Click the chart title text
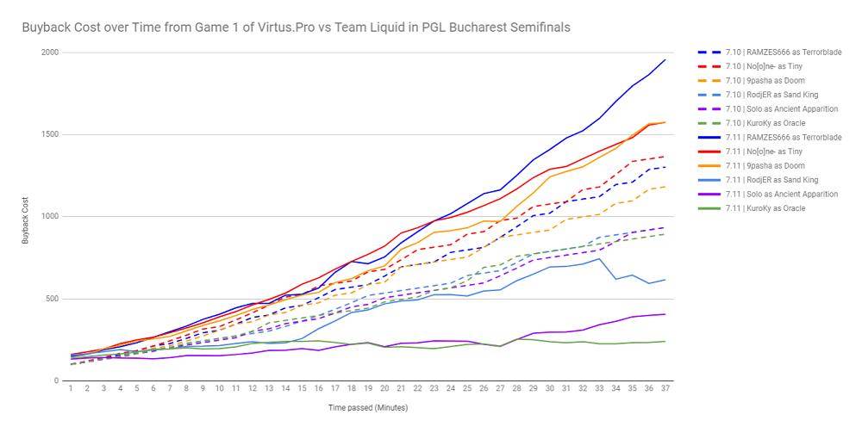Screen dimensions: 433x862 pos(296,28)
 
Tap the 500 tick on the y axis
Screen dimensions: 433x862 pos(51,299)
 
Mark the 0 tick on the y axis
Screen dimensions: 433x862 pos(56,380)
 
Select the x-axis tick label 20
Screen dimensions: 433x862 pos(384,389)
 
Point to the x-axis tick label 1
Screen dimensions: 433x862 pos(71,389)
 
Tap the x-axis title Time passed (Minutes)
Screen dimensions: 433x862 pos(368,406)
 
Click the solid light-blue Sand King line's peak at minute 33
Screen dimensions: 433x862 pos(600,258)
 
